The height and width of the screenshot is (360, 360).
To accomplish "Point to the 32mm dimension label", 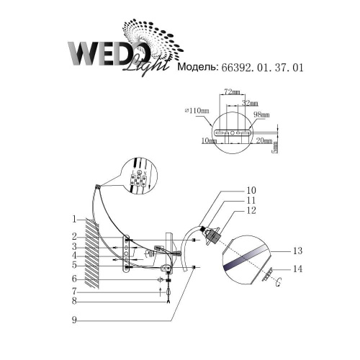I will [x=250, y=103].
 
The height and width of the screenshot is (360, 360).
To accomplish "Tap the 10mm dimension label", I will [x=210, y=142].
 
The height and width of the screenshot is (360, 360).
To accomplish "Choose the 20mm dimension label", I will [x=264, y=142].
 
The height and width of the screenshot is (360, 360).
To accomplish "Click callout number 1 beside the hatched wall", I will [x=74, y=219].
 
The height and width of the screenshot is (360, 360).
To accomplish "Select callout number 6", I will [x=74, y=279].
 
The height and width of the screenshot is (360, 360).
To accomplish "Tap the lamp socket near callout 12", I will [x=210, y=235].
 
